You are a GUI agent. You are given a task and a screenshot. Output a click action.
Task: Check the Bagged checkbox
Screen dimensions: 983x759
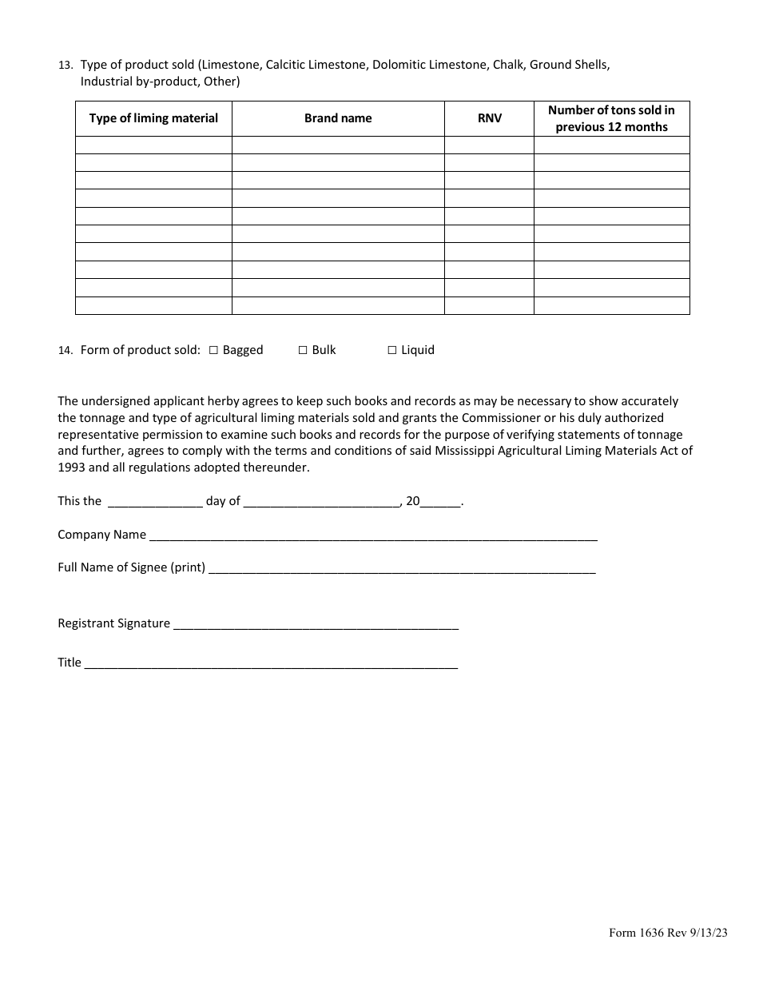click(213, 350)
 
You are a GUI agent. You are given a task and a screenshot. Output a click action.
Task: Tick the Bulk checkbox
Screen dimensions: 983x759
click(303, 350)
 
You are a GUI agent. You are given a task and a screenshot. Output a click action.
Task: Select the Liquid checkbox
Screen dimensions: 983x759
click(392, 350)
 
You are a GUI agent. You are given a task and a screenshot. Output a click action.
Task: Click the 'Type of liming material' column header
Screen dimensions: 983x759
click(153, 118)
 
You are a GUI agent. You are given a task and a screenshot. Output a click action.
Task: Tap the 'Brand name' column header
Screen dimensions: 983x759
click(338, 118)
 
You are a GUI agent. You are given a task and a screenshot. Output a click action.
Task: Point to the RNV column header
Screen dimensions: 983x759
click(489, 118)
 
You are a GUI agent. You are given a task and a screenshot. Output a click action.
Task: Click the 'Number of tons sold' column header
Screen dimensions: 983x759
click(611, 118)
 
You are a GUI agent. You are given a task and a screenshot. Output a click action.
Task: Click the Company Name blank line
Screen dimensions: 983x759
click(372, 535)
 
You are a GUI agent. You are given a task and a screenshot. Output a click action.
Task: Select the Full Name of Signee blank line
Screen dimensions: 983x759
click(401, 568)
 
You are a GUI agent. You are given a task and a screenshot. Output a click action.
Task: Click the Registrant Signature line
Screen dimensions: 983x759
click(316, 624)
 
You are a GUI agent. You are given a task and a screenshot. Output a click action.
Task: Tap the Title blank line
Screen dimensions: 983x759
click(271, 663)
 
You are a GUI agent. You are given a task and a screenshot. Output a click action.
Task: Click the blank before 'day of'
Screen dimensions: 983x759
click(154, 502)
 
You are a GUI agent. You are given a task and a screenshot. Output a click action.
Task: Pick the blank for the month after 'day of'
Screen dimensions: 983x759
click(321, 502)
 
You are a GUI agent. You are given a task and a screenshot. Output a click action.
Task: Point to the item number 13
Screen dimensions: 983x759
click(66, 66)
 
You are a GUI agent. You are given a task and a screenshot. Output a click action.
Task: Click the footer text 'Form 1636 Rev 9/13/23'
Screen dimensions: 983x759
click(668, 954)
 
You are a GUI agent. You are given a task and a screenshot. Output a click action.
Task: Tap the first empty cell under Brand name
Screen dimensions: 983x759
click(338, 145)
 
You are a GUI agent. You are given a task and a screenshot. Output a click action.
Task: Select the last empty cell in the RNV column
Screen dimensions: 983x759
click(489, 306)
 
